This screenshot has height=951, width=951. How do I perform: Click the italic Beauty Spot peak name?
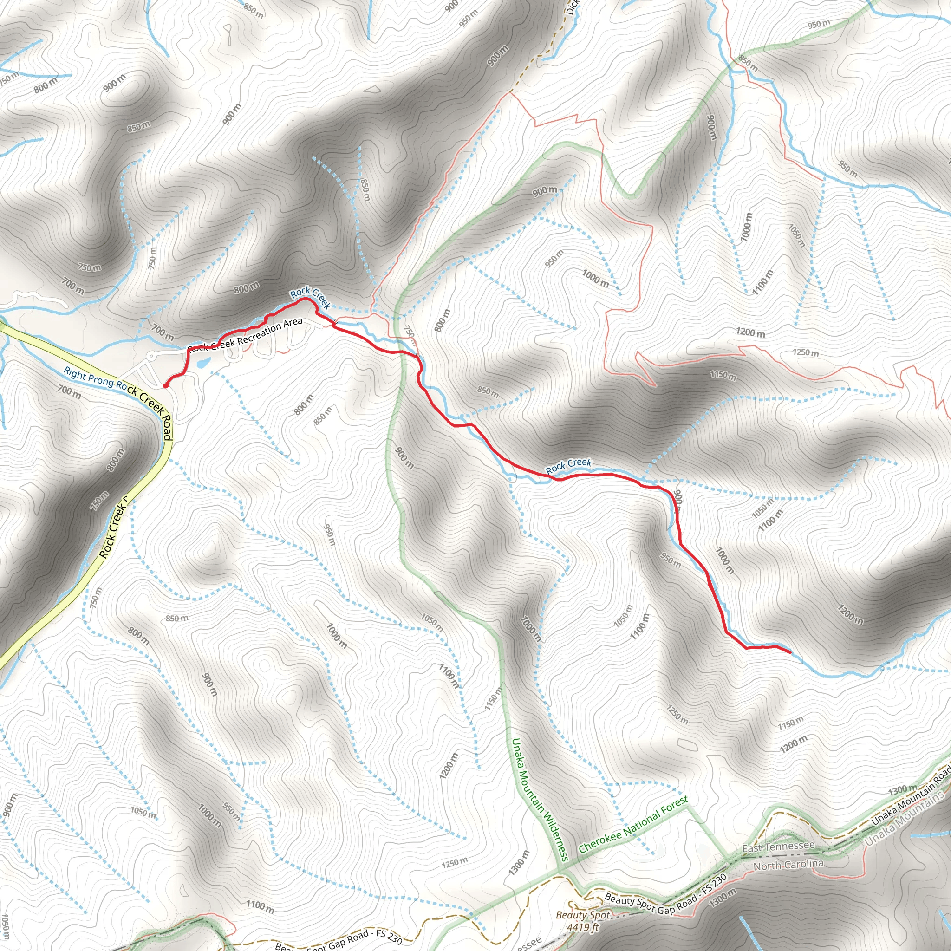(x=582, y=915)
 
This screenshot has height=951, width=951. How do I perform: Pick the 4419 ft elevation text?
(x=582, y=927)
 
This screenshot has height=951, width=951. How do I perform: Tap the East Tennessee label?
(x=778, y=846)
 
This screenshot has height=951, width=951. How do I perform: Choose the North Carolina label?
(x=788, y=865)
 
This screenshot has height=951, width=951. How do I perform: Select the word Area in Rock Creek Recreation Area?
(x=292, y=323)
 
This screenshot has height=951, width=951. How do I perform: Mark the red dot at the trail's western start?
(x=165, y=386)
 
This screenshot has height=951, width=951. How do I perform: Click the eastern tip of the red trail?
(x=789, y=652)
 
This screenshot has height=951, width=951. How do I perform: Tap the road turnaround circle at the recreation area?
(x=151, y=355)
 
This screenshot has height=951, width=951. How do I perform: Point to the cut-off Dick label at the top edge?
(x=573, y=7)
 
